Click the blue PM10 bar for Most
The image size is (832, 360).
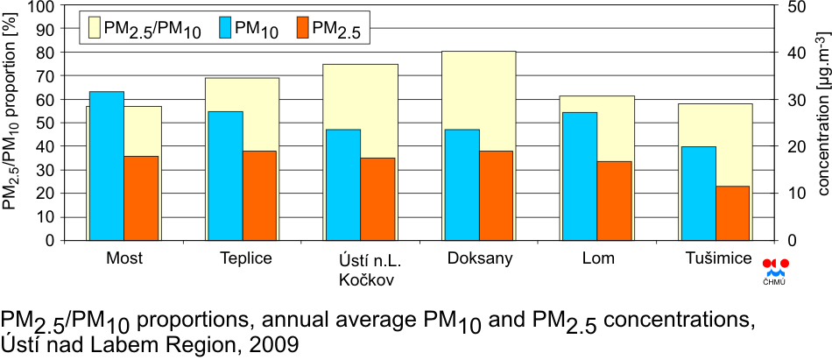click(106, 165)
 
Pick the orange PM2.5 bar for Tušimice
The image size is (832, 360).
click(733, 212)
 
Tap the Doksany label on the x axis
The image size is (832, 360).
click(479, 258)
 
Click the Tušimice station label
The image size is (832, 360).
click(718, 258)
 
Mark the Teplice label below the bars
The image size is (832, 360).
click(246, 258)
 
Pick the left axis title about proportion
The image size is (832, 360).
click(11, 123)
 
